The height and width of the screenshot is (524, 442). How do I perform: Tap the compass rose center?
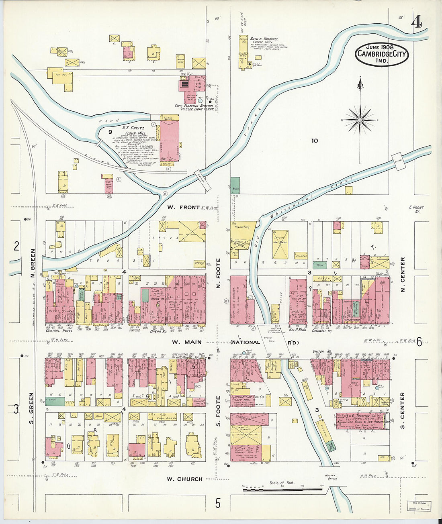click(x=360, y=120)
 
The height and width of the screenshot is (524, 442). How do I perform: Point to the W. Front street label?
click(x=183, y=207)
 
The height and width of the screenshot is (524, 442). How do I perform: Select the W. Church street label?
click(x=184, y=479)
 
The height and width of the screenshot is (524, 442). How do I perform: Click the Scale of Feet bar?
click(x=282, y=489)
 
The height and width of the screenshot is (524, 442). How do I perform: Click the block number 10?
click(x=314, y=141)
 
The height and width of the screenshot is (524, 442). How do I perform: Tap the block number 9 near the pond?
click(x=110, y=131)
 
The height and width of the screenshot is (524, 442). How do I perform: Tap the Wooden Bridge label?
click(x=331, y=477)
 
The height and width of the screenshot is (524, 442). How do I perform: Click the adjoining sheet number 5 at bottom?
click(x=218, y=503)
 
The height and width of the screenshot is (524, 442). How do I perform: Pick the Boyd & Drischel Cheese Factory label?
click(x=264, y=41)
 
